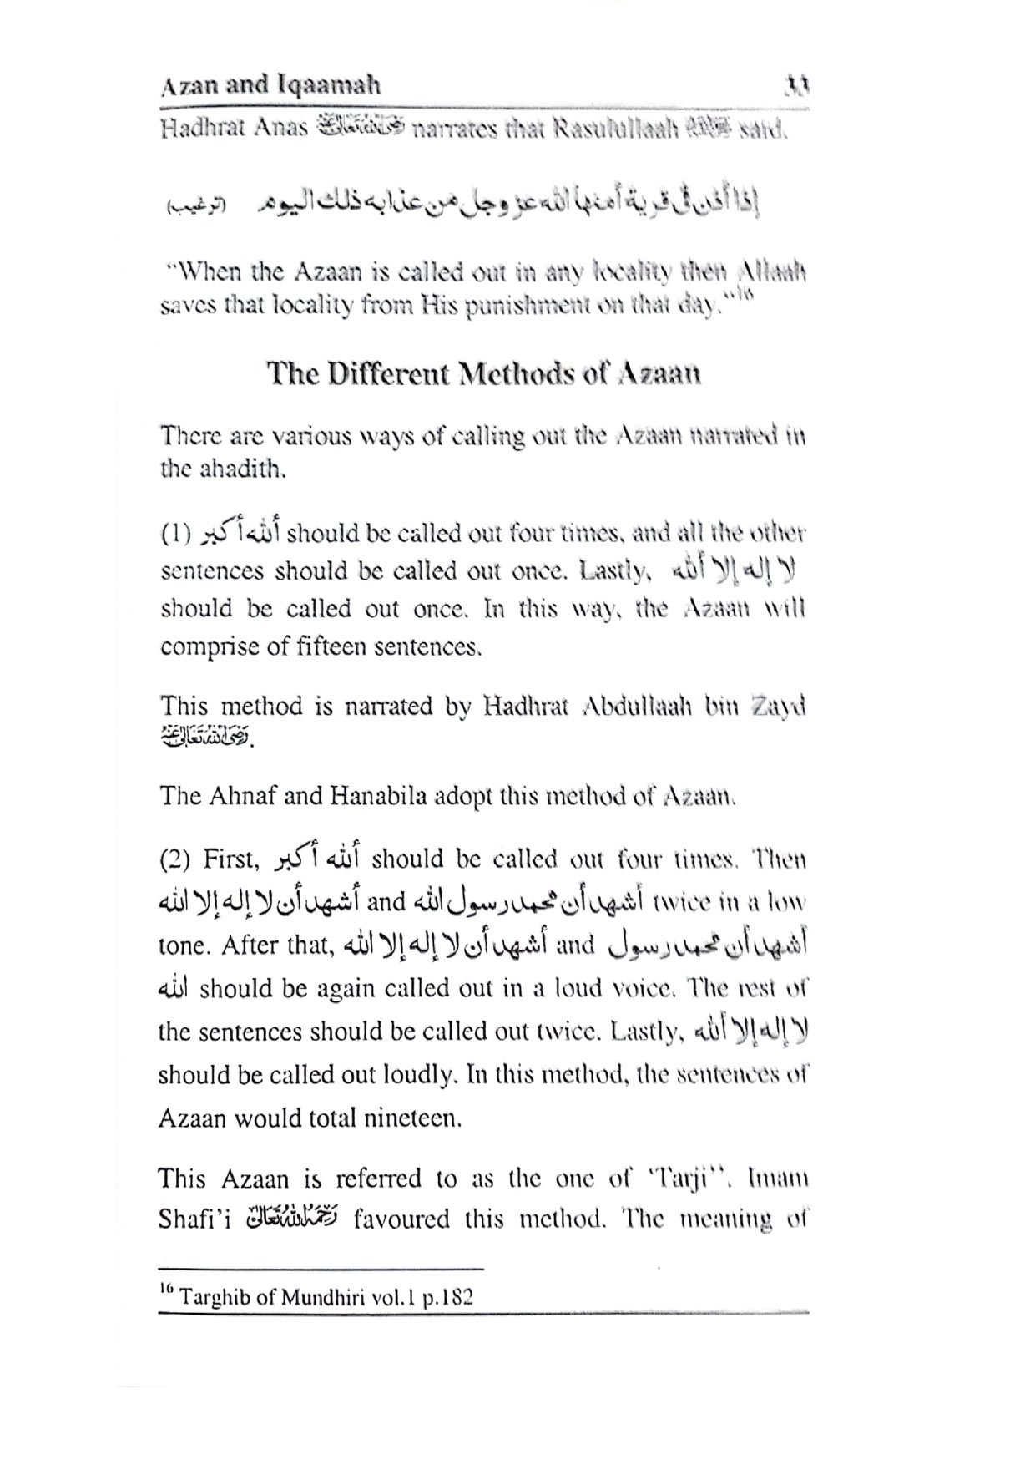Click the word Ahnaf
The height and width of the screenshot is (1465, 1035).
[241, 796]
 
